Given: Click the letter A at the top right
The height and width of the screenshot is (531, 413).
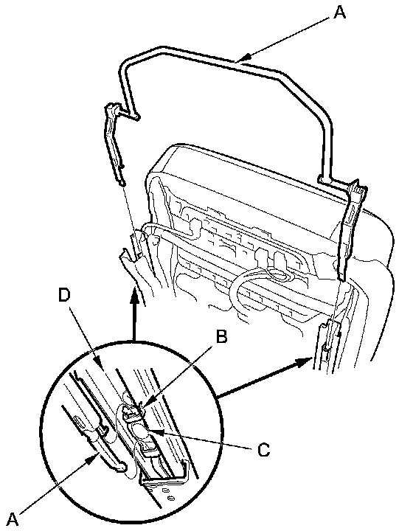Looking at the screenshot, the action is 339,13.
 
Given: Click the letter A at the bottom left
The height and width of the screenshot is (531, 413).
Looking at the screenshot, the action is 13,520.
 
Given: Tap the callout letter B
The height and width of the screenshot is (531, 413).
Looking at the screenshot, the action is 221,337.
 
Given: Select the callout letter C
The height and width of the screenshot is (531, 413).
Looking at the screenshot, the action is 263,450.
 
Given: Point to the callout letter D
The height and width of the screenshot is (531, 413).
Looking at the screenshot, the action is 64,295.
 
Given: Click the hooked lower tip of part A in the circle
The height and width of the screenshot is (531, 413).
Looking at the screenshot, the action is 121,467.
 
